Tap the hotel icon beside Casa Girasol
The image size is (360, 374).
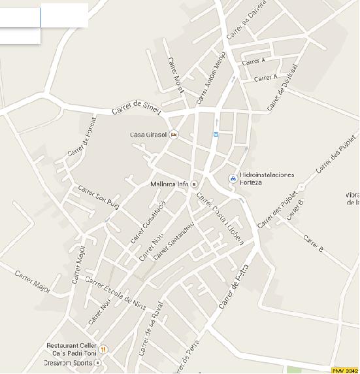tap(173, 135)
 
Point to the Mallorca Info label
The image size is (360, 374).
tap(169, 184)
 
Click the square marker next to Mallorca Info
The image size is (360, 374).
tap(194, 184)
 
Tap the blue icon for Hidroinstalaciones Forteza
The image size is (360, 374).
tap(232, 178)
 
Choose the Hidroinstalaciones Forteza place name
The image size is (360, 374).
tap(267, 179)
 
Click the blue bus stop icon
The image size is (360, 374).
tap(216, 135)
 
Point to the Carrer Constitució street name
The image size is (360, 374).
tap(148, 222)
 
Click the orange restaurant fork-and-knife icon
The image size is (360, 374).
tap(103, 350)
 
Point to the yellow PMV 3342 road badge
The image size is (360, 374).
tap(345, 370)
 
